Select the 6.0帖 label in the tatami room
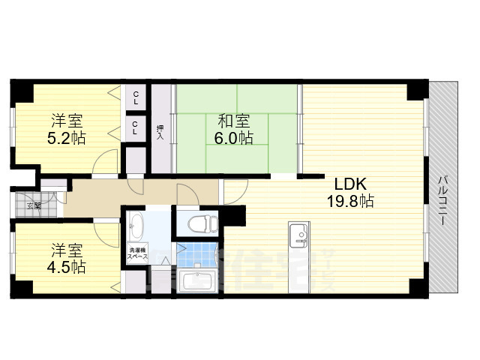[x=235, y=138]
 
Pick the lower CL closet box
[x=135, y=127]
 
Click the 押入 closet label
[x=160, y=132]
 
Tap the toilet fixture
[x=199, y=223]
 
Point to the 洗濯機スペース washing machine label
[x=136, y=253]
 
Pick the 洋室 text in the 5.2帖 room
[x=66, y=120]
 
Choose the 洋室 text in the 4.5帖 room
[x=66, y=249]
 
